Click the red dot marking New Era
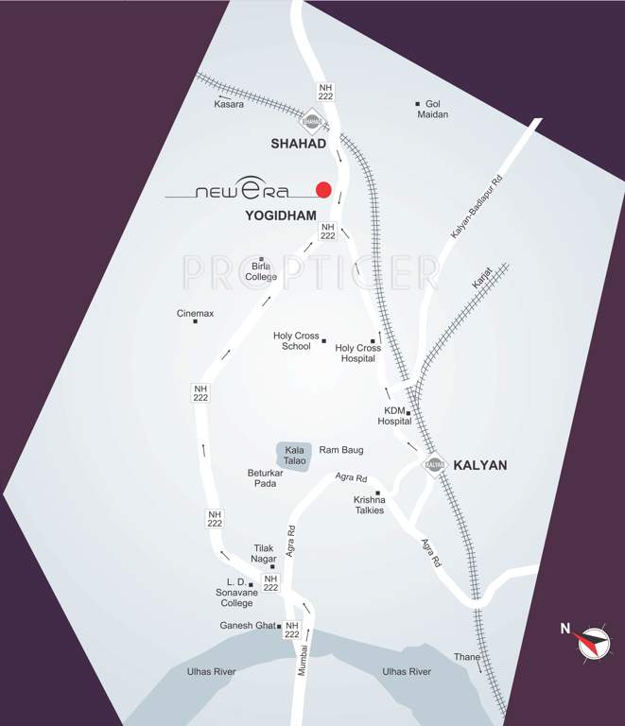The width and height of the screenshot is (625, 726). (x=323, y=189)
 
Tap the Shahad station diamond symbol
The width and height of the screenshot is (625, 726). (x=311, y=120)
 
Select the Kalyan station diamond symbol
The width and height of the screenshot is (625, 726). (x=434, y=464)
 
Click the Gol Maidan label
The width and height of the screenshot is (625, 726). (x=432, y=109)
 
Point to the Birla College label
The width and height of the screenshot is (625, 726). (x=261, y=271)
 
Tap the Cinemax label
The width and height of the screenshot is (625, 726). (x=195, y=313)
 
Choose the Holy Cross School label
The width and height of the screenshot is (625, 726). (x=296, y=341)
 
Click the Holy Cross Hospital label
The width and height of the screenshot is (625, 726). (x=357, y=353)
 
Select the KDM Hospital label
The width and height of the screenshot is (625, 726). (x=396, y=416)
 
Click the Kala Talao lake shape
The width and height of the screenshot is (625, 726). (x=293, y=455)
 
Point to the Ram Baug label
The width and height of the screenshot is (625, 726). (x=341, y=450)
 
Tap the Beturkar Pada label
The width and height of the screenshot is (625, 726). (x=264, y=476)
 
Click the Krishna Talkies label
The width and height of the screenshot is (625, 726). (x=369, y=505)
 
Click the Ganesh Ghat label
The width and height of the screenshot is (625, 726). (x=250, y=626)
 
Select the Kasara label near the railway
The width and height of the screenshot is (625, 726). (x=229, y=104)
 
